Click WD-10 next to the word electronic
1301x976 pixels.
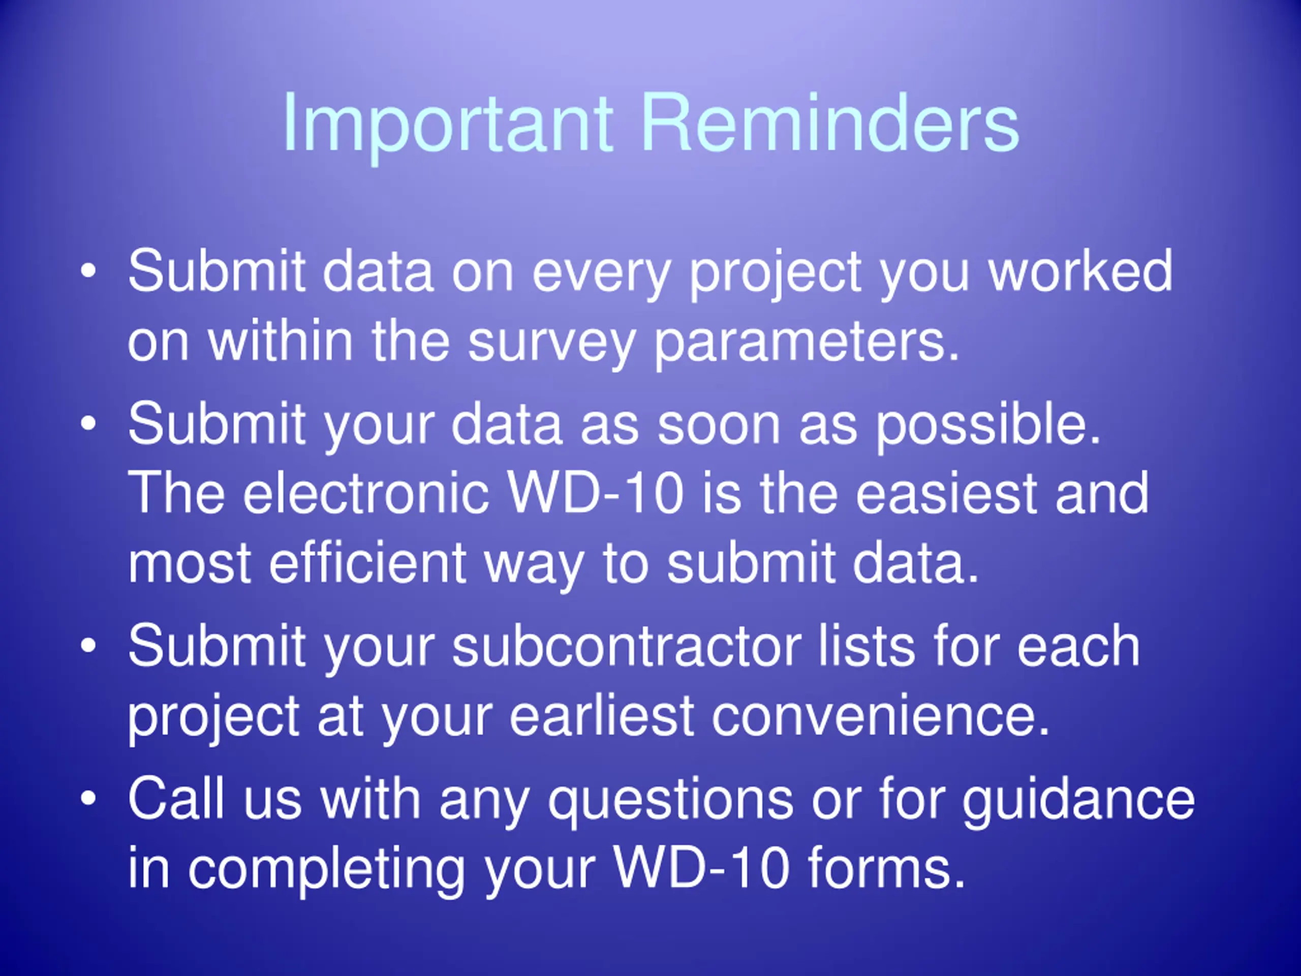pyautogui.click(x=596, y=493)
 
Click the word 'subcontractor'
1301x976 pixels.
pyautogui.click(x=627, y=646)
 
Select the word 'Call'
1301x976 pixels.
pyautogui.click(x=176, y=798)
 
